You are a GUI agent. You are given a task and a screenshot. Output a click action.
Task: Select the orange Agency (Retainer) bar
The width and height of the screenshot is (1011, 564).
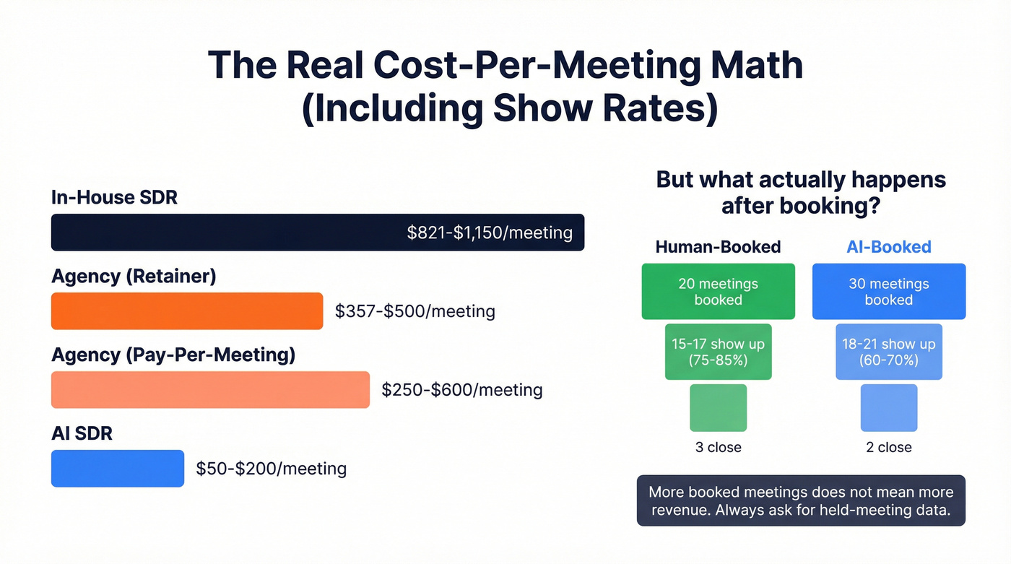tap(186, 311)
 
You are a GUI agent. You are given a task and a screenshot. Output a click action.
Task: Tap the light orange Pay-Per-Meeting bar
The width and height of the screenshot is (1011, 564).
tap(209, 390)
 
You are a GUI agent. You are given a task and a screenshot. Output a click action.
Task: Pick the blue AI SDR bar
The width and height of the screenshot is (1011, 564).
tap(117, 469)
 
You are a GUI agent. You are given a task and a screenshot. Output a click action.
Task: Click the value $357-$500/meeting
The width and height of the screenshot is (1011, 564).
tap(415, 311)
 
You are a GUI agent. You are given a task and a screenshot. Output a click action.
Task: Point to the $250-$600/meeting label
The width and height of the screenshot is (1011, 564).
tap(462, 390)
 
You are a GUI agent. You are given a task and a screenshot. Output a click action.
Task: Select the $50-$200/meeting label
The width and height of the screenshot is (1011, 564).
tap(272, 469)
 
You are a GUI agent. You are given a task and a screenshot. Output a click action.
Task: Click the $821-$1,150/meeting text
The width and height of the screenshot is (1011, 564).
tap(490, 233)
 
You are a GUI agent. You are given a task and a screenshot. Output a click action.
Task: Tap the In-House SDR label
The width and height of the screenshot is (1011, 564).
tap(114, 197)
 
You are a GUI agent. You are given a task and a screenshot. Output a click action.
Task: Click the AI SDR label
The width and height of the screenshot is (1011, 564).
tap(82, 433)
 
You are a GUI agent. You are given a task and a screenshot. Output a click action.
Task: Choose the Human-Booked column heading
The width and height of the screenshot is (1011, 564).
tap(718, 247)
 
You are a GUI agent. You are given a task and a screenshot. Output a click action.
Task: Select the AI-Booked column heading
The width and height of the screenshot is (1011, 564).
tap(888, 247)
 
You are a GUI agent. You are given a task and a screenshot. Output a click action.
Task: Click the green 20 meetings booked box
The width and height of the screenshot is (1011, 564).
tap(718, 292)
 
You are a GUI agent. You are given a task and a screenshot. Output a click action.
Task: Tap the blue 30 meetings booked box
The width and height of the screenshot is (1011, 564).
tap(888, 292)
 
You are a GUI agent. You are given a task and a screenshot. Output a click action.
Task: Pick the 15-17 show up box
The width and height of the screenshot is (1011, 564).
tap(718, 352)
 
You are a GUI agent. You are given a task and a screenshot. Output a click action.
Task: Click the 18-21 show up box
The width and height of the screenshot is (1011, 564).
tap(888, 352)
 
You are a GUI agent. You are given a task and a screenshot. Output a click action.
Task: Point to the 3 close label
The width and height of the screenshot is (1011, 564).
tap(718, 448)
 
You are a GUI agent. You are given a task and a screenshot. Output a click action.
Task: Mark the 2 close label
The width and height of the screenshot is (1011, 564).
tap(888, 448)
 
